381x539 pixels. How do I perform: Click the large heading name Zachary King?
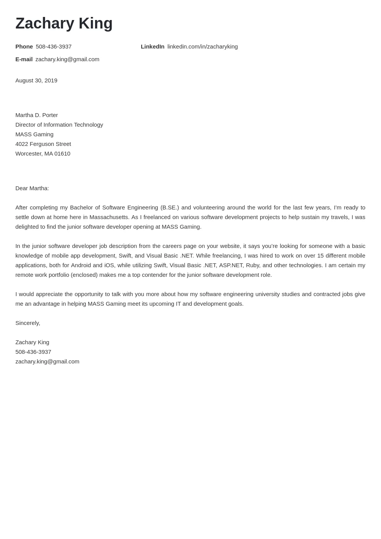(64, 23)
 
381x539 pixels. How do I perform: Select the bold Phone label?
(24, 47)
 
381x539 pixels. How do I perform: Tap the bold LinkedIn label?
(152, 47)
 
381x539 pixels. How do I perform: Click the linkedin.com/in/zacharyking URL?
(202, 47)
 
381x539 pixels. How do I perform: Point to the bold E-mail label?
(24, 59)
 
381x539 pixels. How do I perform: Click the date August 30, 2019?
(36, 80)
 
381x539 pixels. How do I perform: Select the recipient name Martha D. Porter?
(37, 115)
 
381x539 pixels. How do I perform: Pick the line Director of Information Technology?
(59, 125)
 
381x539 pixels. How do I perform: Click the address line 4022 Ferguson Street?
(43, 144)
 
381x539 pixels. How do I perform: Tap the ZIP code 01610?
(62, 154)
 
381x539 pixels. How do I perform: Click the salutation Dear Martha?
(32, 188)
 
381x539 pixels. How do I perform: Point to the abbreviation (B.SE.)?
(170, 208)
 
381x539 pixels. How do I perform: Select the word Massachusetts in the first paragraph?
(109, 217)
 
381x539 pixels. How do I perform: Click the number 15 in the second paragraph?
(320, 256)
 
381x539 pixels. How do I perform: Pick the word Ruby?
(252, 265)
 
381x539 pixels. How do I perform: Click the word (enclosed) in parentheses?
(84, 275)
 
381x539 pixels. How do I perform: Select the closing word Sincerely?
(28, 323)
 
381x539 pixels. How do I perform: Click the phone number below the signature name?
(33, 352)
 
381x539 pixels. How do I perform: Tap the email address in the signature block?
(47, 362)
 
